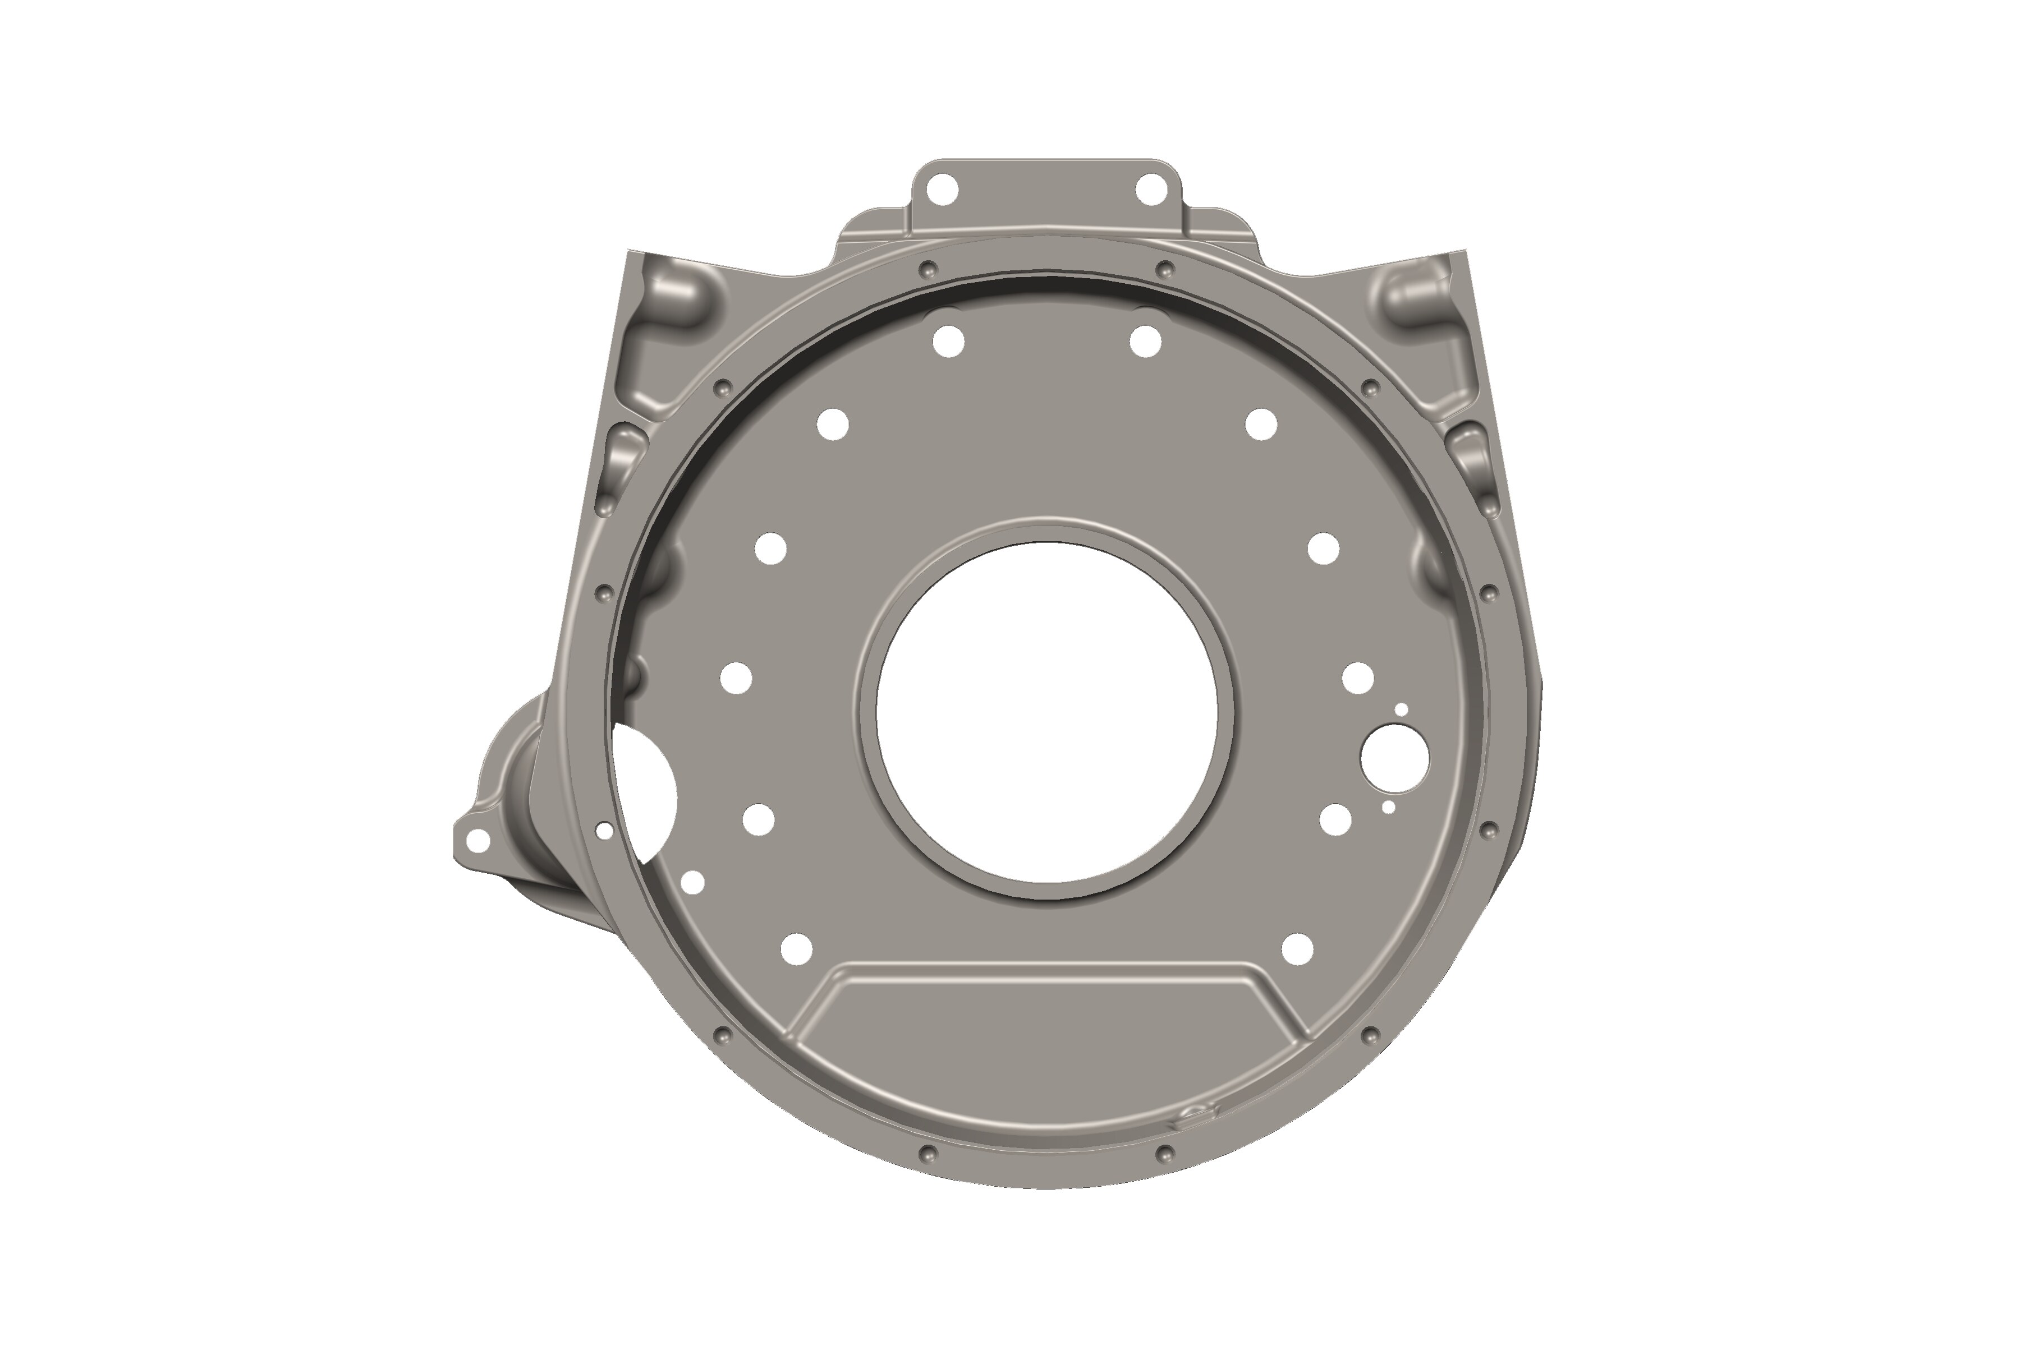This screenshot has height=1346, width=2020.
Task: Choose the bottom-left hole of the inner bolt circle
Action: [797, 948]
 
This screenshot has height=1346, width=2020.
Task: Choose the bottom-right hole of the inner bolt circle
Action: [1297, 948]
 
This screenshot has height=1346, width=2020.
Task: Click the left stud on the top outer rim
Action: [925, 270]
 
